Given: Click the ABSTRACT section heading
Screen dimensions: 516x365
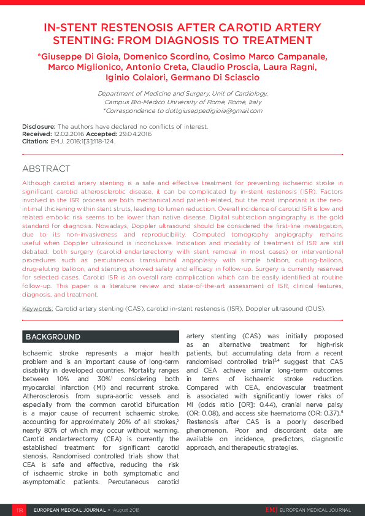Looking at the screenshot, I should [x=46, y=169].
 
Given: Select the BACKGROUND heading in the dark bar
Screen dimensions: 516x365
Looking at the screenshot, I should [x=52, y=337].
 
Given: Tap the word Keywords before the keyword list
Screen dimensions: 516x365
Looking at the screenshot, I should [x=37, y=309].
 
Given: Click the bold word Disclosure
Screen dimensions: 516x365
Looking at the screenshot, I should [x=39, y=126].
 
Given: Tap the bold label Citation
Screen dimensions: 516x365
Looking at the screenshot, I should [x=35, y=141].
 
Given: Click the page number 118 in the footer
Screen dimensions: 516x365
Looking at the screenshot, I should [x=20, y=510].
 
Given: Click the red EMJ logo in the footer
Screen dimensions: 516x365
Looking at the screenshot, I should [x=271, y=510].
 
